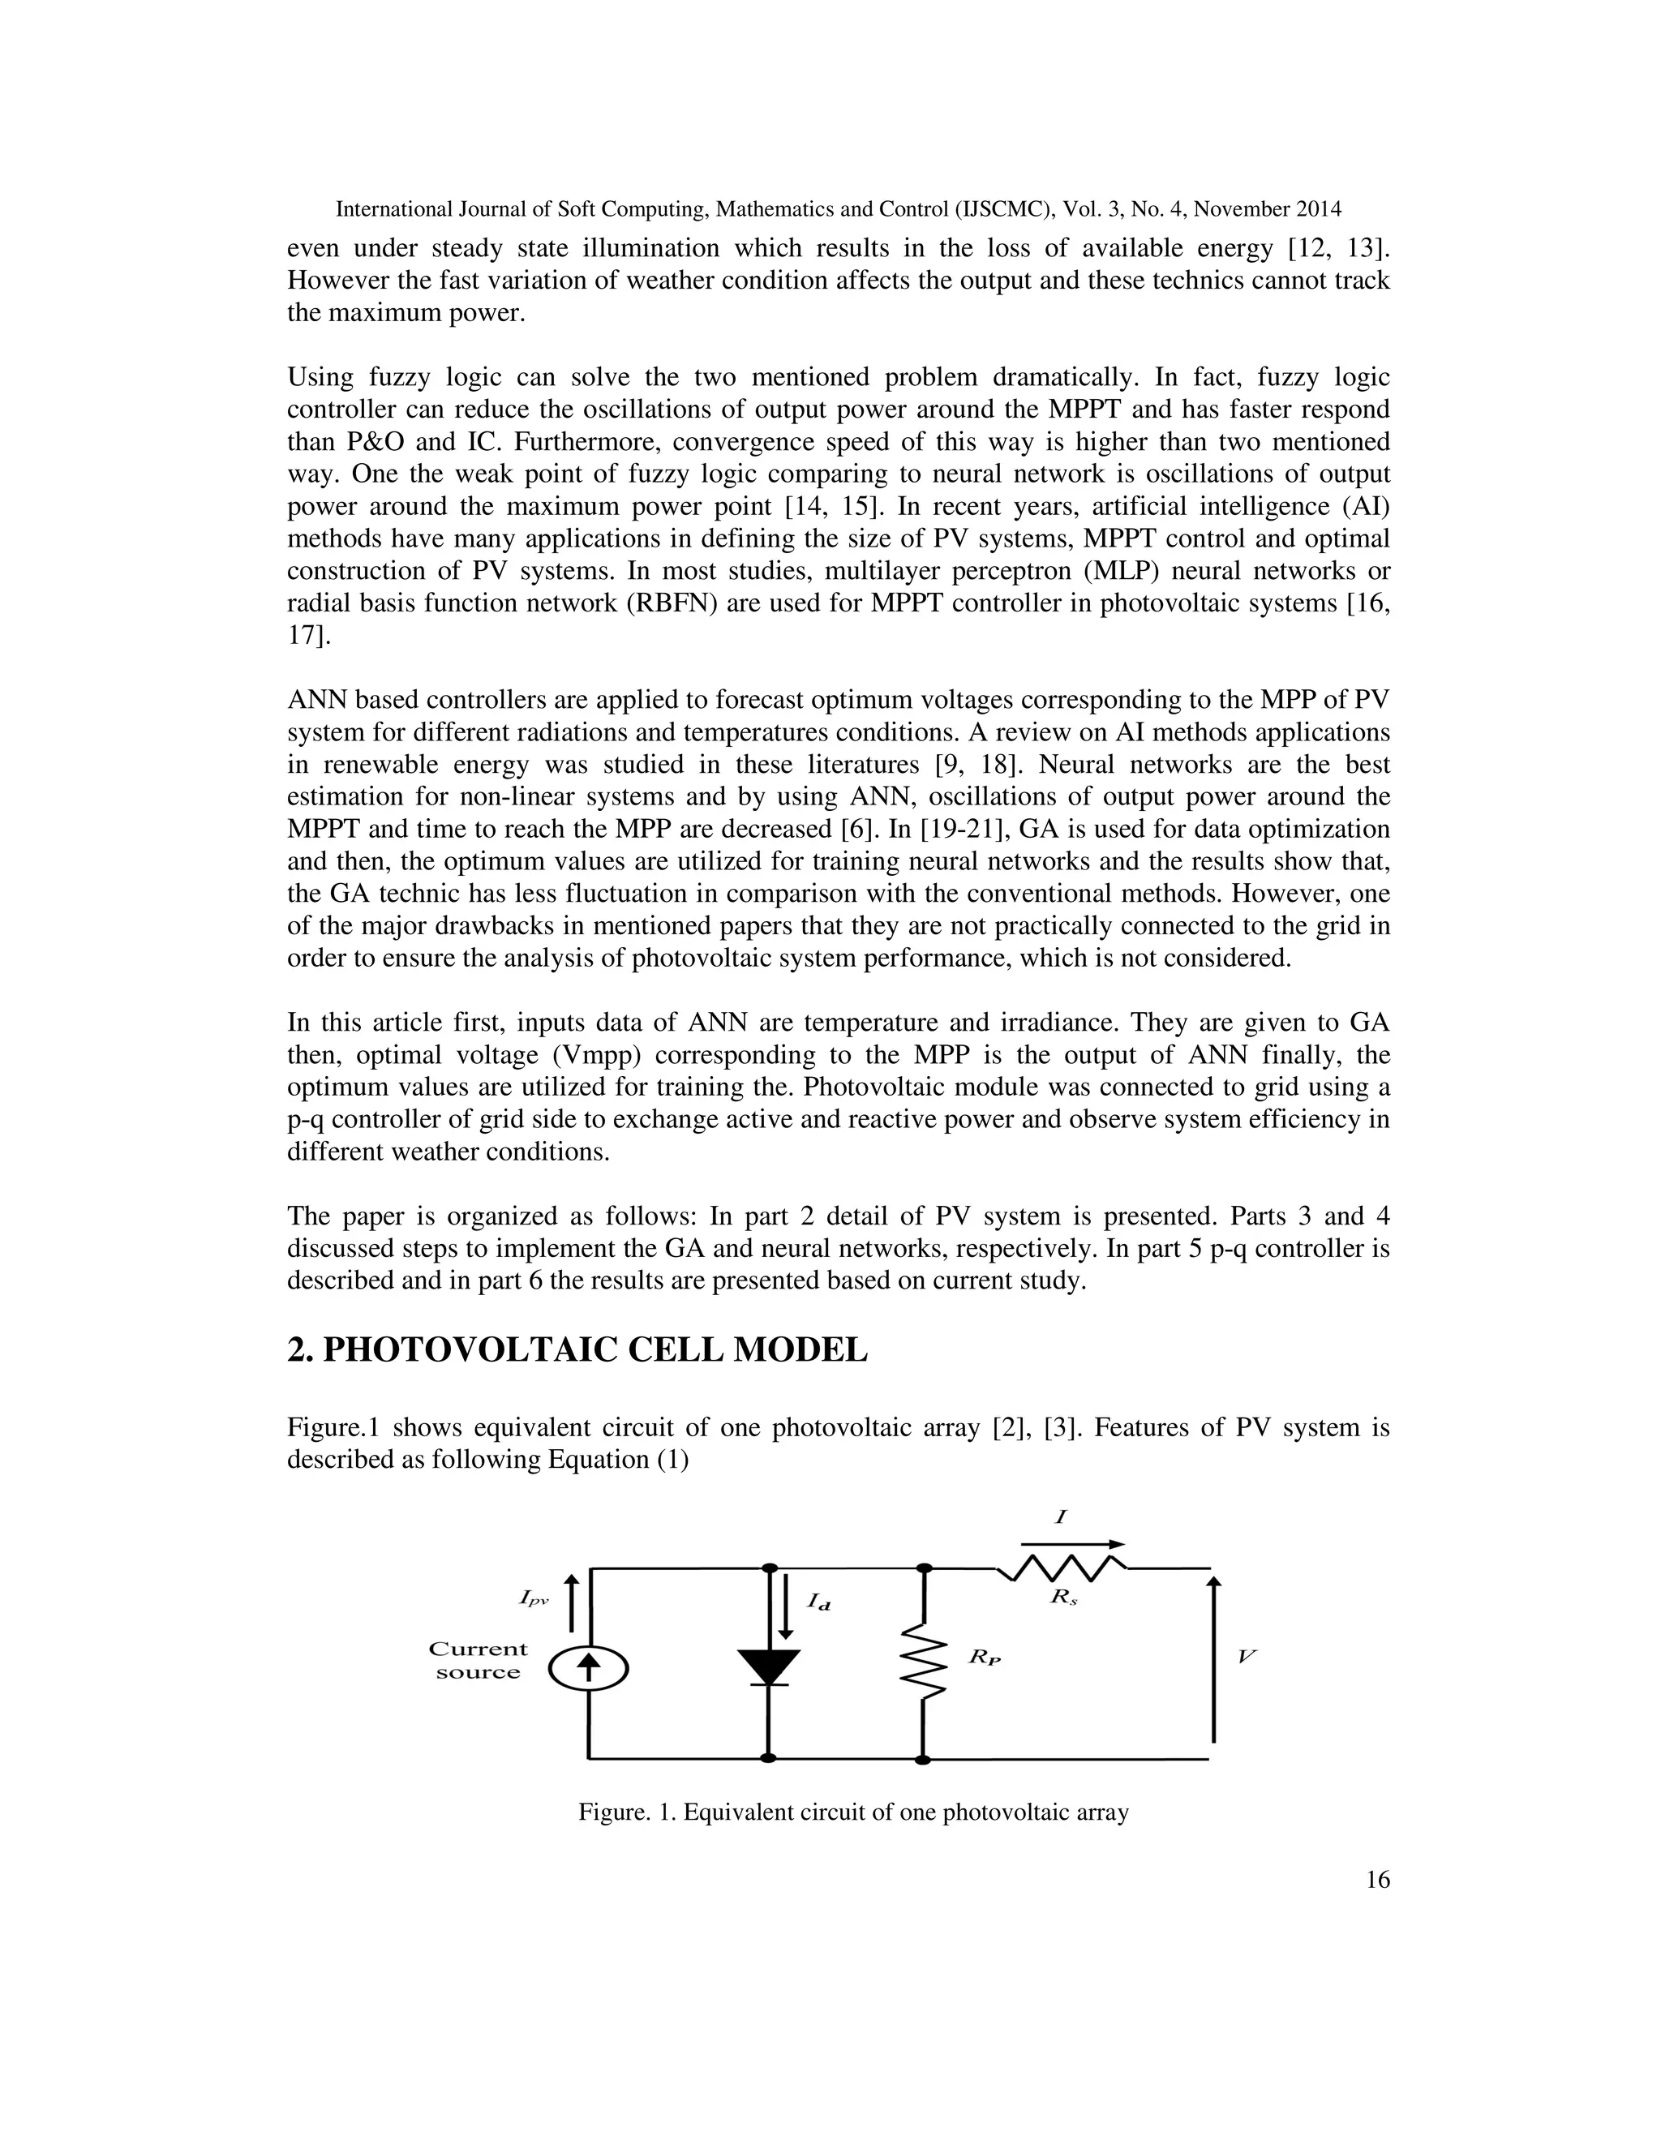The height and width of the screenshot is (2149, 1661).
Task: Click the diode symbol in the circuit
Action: pyautogui.click(x=769, y=1666)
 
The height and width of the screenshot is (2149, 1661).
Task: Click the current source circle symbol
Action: pyautogui.click(x=589, y=1666)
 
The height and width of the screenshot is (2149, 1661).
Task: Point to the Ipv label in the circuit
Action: pyautogui.click(x=534, y=1599)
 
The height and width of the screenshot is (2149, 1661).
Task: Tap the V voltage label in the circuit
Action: pyautogui.click(x=1246, y=1656)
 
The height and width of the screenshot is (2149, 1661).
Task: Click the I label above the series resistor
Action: pyautogui.click(x=1061, y=1517)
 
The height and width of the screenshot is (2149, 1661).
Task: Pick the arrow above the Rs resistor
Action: pyautogui.click(x=1072, y=1544)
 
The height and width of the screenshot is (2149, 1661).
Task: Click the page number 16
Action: pyautogui.click(x=1378, y=1881)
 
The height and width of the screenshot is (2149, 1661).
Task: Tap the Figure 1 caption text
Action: pyautogui.click(x=853, y=1812)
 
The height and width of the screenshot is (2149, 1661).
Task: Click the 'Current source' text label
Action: pyautogui.click(x=479, y=1661)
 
